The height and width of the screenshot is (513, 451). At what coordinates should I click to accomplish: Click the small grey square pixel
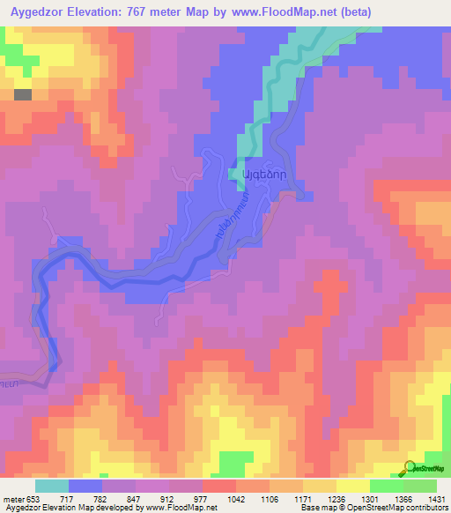coord(23,94)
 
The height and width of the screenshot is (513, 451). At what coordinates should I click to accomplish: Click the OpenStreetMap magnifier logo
coord(410,467)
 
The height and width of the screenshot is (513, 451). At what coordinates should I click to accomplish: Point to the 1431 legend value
coord(437,499)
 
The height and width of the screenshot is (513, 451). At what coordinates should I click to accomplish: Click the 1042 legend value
coord(236,499)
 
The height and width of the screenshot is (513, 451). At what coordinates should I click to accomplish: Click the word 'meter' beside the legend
coord(13,499)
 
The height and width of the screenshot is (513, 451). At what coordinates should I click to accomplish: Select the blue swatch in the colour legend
coord(85,486)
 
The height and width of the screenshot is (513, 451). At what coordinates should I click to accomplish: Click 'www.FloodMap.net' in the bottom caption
coord(181,509)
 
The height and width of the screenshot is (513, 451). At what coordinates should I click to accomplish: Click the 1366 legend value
coord(403,499)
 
